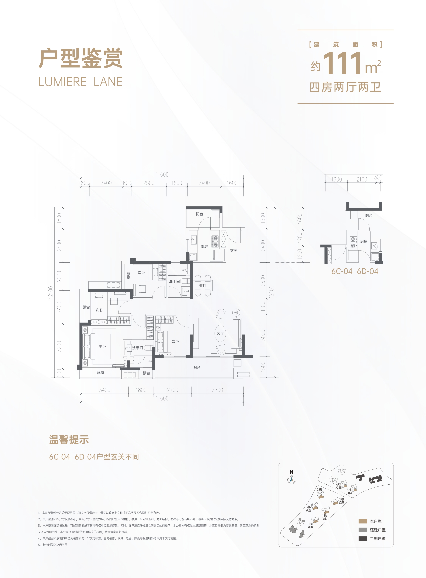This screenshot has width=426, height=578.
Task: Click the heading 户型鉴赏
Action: pyautogui.click(x=80, y=59)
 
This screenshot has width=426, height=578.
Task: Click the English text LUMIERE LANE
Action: pyautogui.click(x=80, y=82)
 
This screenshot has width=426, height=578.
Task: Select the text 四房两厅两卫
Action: pyautogui.click(x=345, y=87)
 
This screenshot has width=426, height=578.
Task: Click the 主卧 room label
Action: pyautogui.click(x=102, y=347)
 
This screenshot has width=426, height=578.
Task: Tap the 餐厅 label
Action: pyautogui.click(x=203, y=286)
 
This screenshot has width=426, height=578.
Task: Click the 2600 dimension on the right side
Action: pyautogui.click(x=263, y=280)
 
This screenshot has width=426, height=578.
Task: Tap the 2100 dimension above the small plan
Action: pyautogui.click(x=362, y=179)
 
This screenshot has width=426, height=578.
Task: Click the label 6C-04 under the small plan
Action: pyautogui.click(x=342, y=271)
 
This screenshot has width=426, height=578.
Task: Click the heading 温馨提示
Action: pyautogui.click(x=69, y=440)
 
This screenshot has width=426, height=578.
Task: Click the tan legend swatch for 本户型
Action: pyautogui.click(x=363, y=521)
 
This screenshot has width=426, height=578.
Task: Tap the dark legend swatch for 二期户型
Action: pyautogui.click(x=363, y=539)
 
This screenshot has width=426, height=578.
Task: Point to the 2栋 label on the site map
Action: pyautogui.click(x=319, y=489)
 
